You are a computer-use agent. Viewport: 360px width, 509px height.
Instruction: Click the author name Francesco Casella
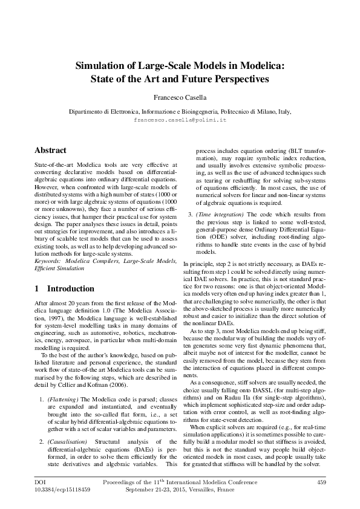point(180,97)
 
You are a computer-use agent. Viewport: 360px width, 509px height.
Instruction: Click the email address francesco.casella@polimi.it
point(180,120)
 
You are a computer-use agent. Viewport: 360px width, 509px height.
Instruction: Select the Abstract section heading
point(50,150)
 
